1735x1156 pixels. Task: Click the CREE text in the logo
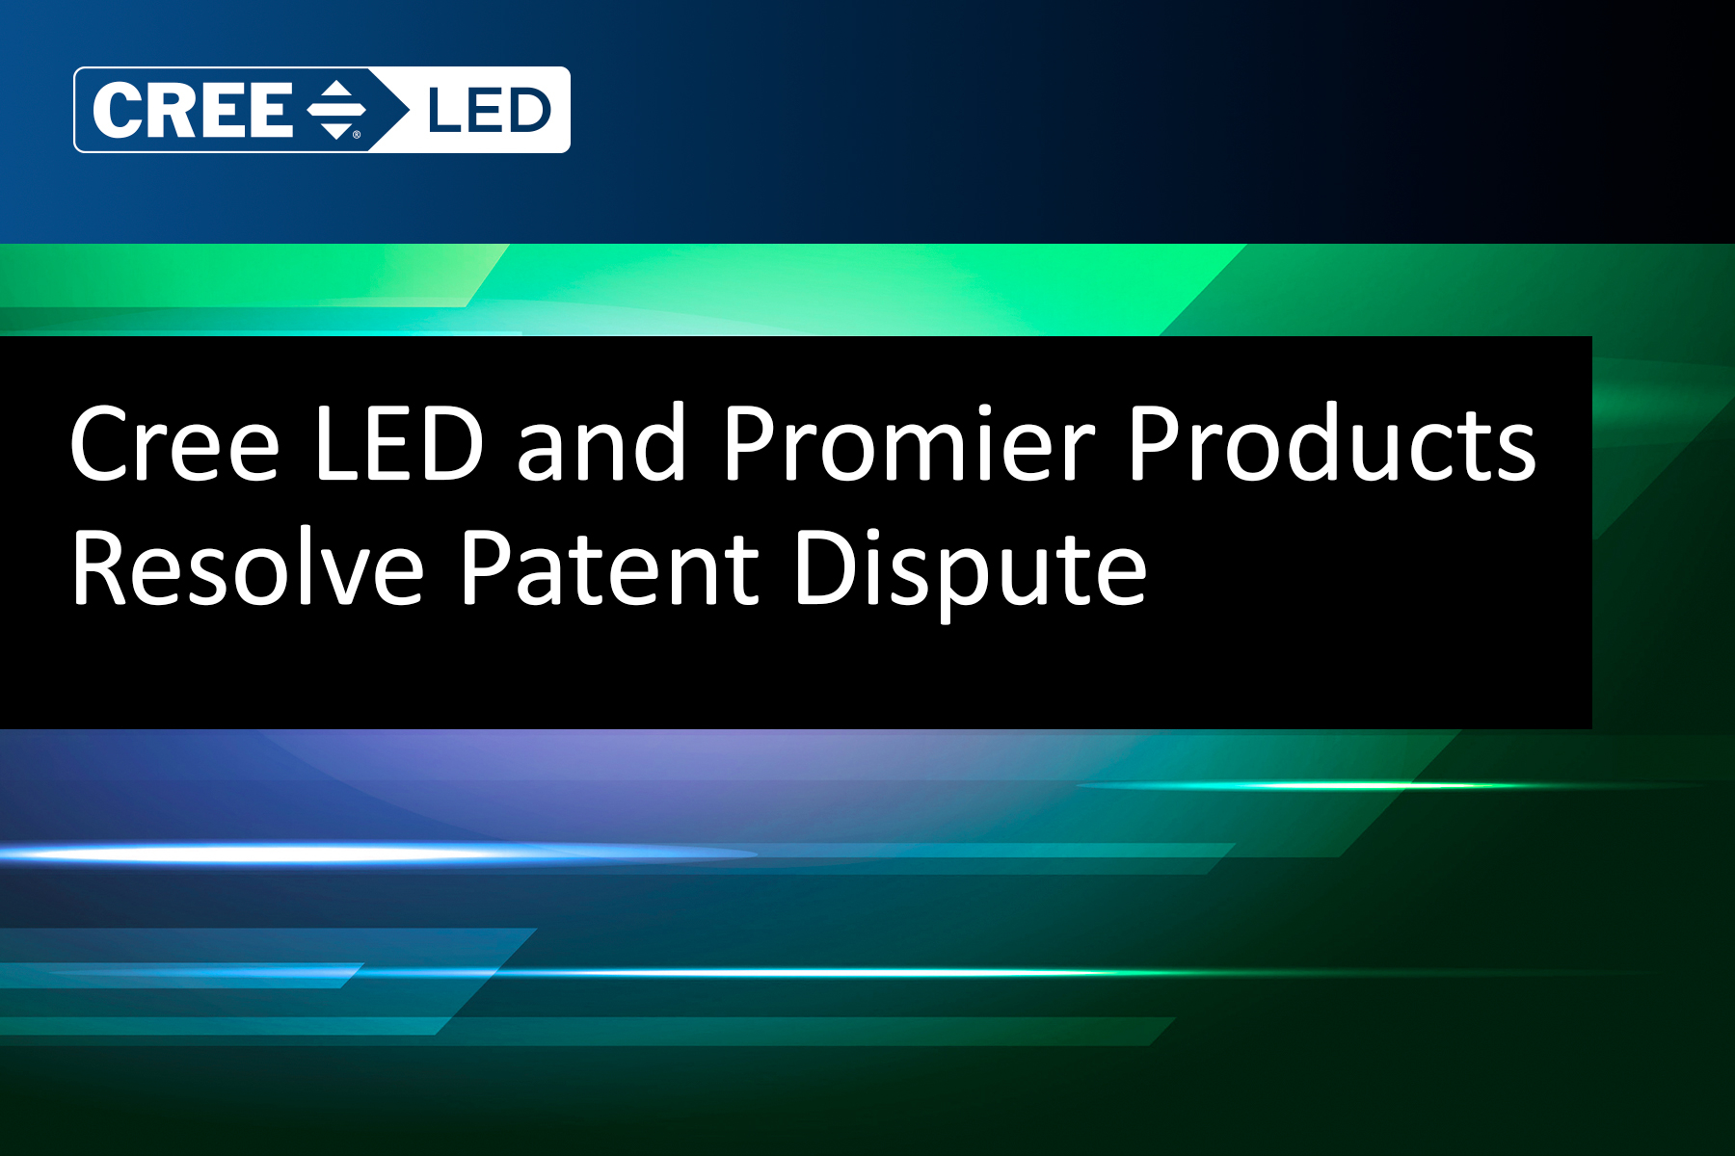(193, 110)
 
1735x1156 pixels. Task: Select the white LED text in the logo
(489, 110)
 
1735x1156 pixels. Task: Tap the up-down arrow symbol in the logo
(336, 110)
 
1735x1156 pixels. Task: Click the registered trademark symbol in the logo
(357, 135)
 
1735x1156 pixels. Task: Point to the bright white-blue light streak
(376, 853)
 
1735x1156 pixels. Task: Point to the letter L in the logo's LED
(443, 110)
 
